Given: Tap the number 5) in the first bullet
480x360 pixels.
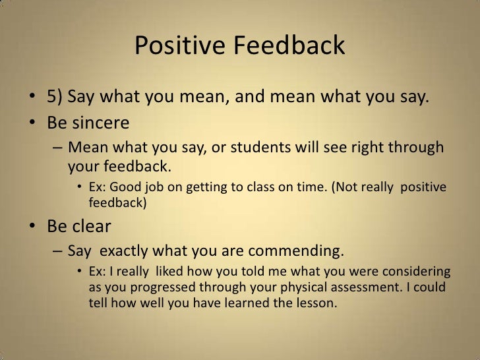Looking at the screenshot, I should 56,99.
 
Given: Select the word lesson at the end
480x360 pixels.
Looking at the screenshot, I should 316,304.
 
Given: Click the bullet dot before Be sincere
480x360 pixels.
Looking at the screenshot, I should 32,124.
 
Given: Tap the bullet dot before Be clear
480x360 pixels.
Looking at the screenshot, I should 32,227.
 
